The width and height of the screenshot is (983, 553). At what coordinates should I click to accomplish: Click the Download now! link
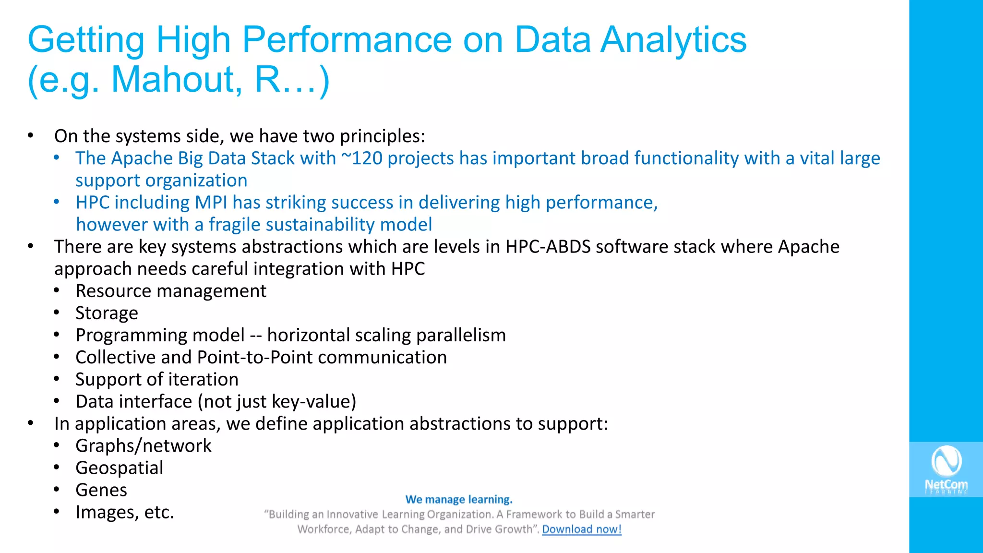[581, 529]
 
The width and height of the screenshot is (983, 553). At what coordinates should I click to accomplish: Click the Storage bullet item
[107, 313]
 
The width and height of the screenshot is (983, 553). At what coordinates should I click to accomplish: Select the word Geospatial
[119, 468]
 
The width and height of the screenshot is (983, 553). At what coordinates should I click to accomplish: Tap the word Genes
[101, 490]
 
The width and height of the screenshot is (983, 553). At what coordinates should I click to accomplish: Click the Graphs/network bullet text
[143, 446]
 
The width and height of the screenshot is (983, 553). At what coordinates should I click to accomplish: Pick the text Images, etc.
[124, 512]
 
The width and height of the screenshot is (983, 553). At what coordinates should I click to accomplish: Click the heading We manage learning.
[459, 499]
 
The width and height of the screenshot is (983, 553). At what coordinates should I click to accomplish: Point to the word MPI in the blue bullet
[211, 203]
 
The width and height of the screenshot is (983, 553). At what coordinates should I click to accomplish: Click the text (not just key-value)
[277, 402]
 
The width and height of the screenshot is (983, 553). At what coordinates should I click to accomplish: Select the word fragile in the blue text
[234, 225]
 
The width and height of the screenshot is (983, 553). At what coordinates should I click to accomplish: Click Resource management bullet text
[170, 291]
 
